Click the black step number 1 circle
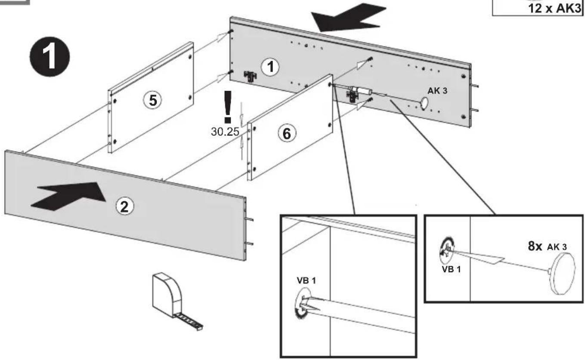(x=50, y=57)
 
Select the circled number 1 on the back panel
(x=270, y=67)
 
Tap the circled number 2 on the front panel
(x=124, y=206)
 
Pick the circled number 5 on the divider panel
(x=153, y=101)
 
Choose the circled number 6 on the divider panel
(x=287, y=134)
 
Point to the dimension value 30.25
(x=225, y=132)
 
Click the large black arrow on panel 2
(x=68, y=196)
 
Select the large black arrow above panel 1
(x=349, y=18)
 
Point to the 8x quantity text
(x=535, y=246)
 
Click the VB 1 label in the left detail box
(x=306, y=281)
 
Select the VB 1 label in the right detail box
(x=451, y=269)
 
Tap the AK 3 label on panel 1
(x=437, y=91)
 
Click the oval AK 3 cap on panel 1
(x=424, y=103)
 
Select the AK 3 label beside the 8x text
(x=557, y=247)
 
